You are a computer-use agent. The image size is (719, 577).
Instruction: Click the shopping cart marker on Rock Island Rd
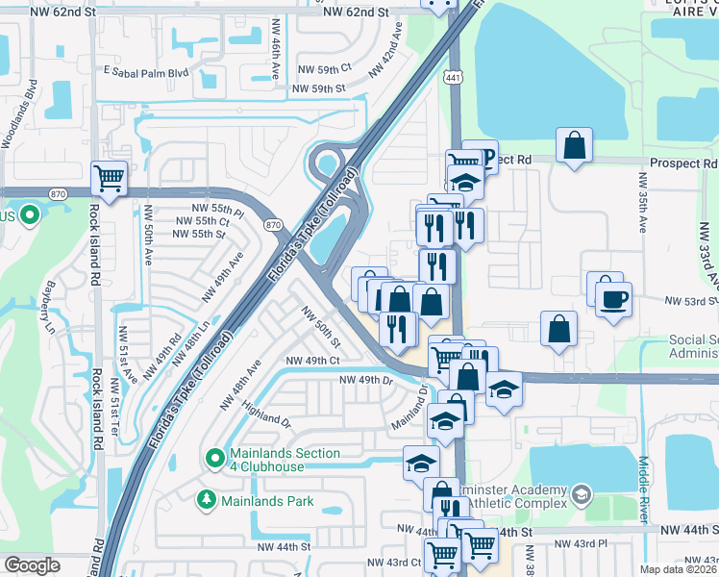pyautogui.click(x=110, y=178)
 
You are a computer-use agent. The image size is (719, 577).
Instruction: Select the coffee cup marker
pyautogui.click(x=613, y=299)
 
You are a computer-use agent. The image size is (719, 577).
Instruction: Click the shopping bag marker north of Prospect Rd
pyautogui.click(x=574, y=147)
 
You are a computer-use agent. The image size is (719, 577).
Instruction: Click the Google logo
pyautogui.click(x=33, y=565)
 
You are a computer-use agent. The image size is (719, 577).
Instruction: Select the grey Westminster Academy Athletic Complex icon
pyautogui.click(x=581, y=495)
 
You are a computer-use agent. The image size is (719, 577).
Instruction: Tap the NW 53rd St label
pyautogui.click(x=690, y=300)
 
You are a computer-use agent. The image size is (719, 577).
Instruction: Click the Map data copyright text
pyautogui.click(x=679, y=569)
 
